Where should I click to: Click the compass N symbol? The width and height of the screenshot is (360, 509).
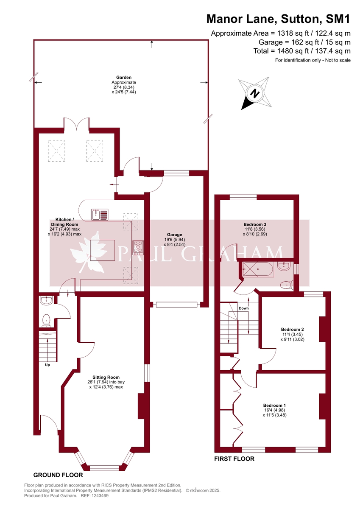click(x=255, y=93)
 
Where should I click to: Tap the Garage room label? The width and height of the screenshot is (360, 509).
click(x=174, y=235)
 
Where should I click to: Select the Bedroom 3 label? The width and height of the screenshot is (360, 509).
click(x=255, y=224)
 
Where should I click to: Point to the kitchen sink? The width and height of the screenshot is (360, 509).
click(x=100, y=215)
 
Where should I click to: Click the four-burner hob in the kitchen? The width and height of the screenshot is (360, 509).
click(x=138, y=248)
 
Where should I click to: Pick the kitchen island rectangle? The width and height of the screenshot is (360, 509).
click(x=103, y=250)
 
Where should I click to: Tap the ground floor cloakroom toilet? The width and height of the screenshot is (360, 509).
click(x=46, y=321)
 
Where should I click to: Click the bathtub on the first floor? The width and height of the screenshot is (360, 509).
click(x=258, y=269)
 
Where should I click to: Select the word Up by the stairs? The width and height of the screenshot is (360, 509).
click(x=47, y=365)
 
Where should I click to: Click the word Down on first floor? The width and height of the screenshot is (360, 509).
click(x=244, y=308)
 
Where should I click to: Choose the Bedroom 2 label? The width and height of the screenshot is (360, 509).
click(x=292, y=329)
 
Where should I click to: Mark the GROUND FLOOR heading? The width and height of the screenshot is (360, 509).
click(x=58, y=475)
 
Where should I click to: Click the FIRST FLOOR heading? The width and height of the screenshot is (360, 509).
click(x=234, y=459)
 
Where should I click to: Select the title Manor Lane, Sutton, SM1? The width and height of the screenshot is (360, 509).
click(x=279, y=19)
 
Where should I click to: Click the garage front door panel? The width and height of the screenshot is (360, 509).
click(x=176, y=305)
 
